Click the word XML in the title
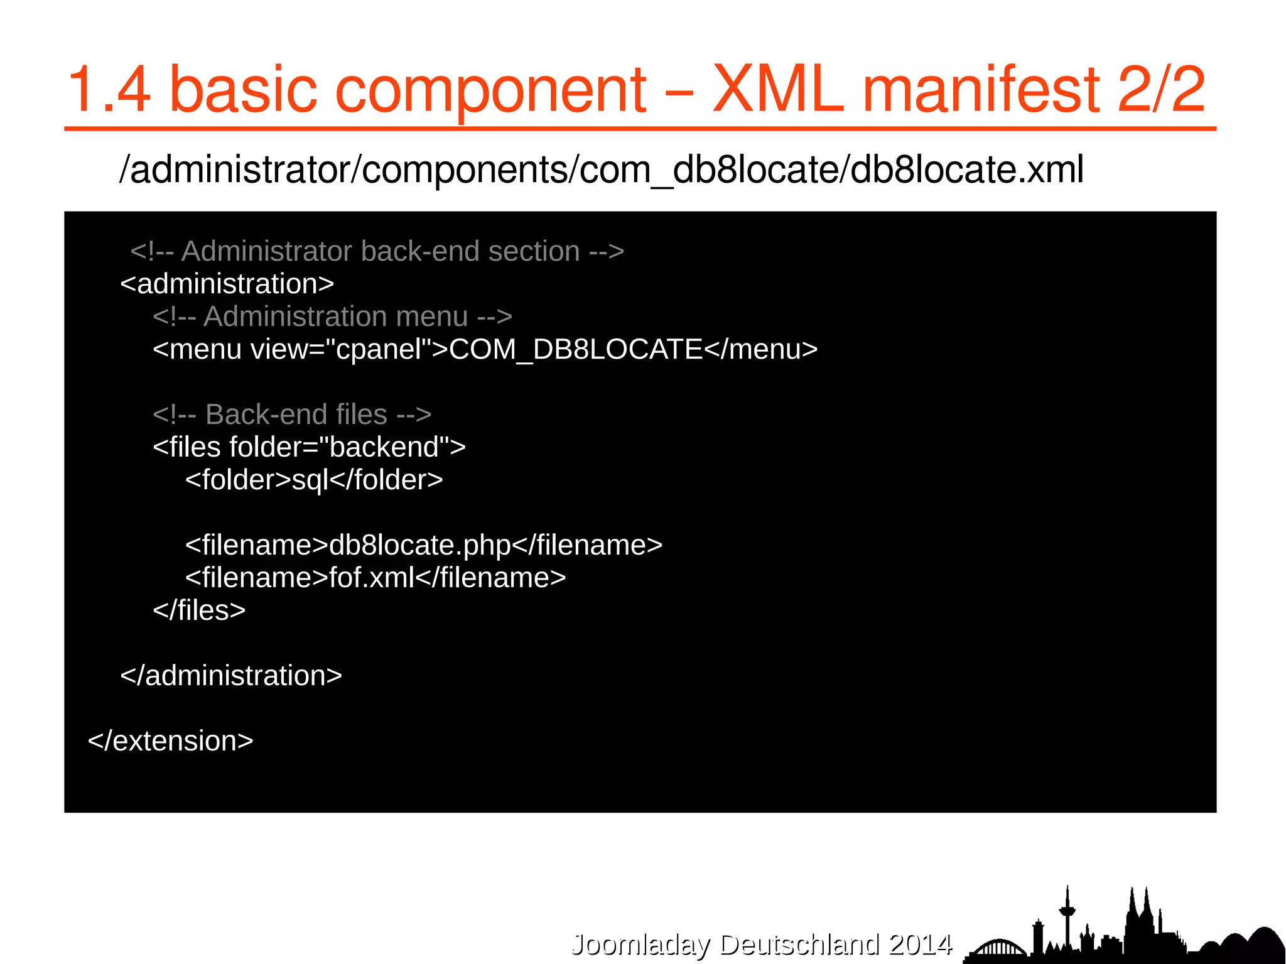click(x=778, y=90)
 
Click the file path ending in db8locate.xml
click(x=601, y=170)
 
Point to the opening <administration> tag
click(x=227, y=284)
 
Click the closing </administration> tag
click(x=231, y=676)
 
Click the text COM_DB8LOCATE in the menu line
click(x=576, y=349)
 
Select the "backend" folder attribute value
click(x=384, y=447)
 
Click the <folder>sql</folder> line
click(x=314, y=480)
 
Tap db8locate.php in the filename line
click(x=419, y=545)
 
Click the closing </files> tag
click(x=199, y=610)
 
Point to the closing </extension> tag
click(x=170, y=741)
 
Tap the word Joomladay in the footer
click(x=640, y=944)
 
